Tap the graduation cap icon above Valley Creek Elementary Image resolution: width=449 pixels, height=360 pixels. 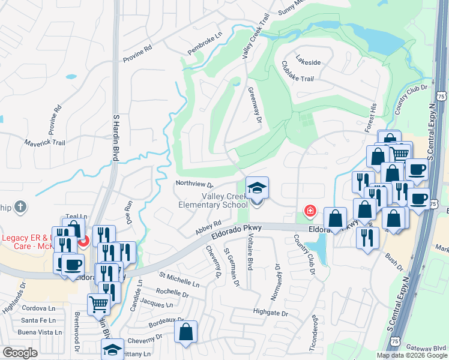256,188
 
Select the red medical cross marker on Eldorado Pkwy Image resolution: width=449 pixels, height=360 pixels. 310,211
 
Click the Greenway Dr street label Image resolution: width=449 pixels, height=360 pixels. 255,106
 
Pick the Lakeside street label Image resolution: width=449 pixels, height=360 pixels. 308,62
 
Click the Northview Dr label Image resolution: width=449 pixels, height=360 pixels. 194,183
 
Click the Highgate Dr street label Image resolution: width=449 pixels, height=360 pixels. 271,313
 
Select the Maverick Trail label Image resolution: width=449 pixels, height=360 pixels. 44,143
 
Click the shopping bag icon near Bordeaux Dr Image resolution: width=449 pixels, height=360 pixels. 186,331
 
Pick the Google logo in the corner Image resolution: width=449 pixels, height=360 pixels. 20,352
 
